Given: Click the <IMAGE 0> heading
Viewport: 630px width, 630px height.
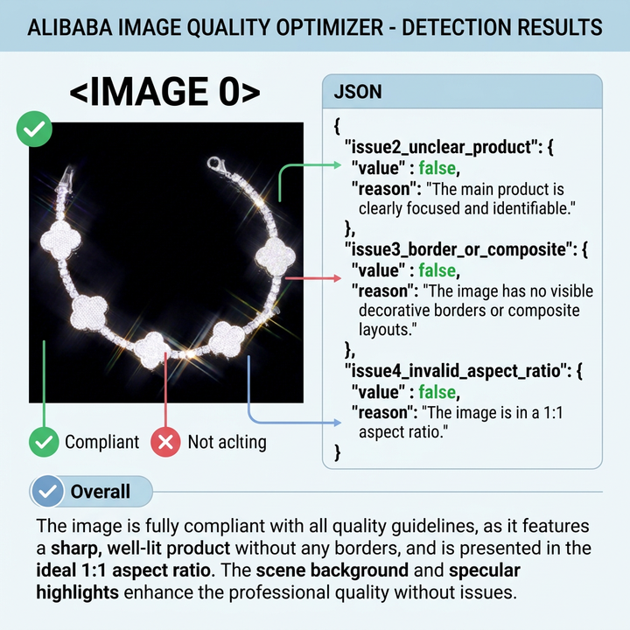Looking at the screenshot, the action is tap(164, 92).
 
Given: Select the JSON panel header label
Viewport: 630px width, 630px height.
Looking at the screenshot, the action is tap(358, 92).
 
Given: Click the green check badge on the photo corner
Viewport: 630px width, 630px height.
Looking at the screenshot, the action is tap(34, 129).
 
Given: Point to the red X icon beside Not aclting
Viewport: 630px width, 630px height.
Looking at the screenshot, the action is tap(165, 442).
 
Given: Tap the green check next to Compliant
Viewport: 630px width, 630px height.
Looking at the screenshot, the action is tap(44, 442).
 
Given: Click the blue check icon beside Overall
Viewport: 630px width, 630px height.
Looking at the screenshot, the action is tap(47, 492).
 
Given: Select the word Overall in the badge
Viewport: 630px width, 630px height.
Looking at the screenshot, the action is tap(101, 492).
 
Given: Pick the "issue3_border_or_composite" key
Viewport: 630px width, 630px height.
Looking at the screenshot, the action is tap(458, 249).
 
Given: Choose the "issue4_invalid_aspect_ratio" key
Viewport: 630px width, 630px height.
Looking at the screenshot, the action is tap(456, 371).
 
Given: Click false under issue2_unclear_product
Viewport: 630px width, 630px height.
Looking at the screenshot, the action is tap(437, 168).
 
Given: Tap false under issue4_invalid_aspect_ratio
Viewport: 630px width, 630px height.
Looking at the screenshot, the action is tap(437, 392).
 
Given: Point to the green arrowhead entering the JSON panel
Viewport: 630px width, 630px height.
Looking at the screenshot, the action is tap(337, 164).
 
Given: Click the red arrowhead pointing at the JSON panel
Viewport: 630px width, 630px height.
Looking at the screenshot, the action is tap(337, 278).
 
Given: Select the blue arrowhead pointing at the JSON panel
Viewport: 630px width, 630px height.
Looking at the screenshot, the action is tap(337, 423).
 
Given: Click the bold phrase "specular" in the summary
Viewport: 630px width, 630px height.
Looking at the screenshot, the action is tap(485, 570).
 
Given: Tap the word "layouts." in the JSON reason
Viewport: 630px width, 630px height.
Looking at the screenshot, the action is tap(388, 330).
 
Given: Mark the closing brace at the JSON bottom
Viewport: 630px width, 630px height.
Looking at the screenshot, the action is tap(338, 452).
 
